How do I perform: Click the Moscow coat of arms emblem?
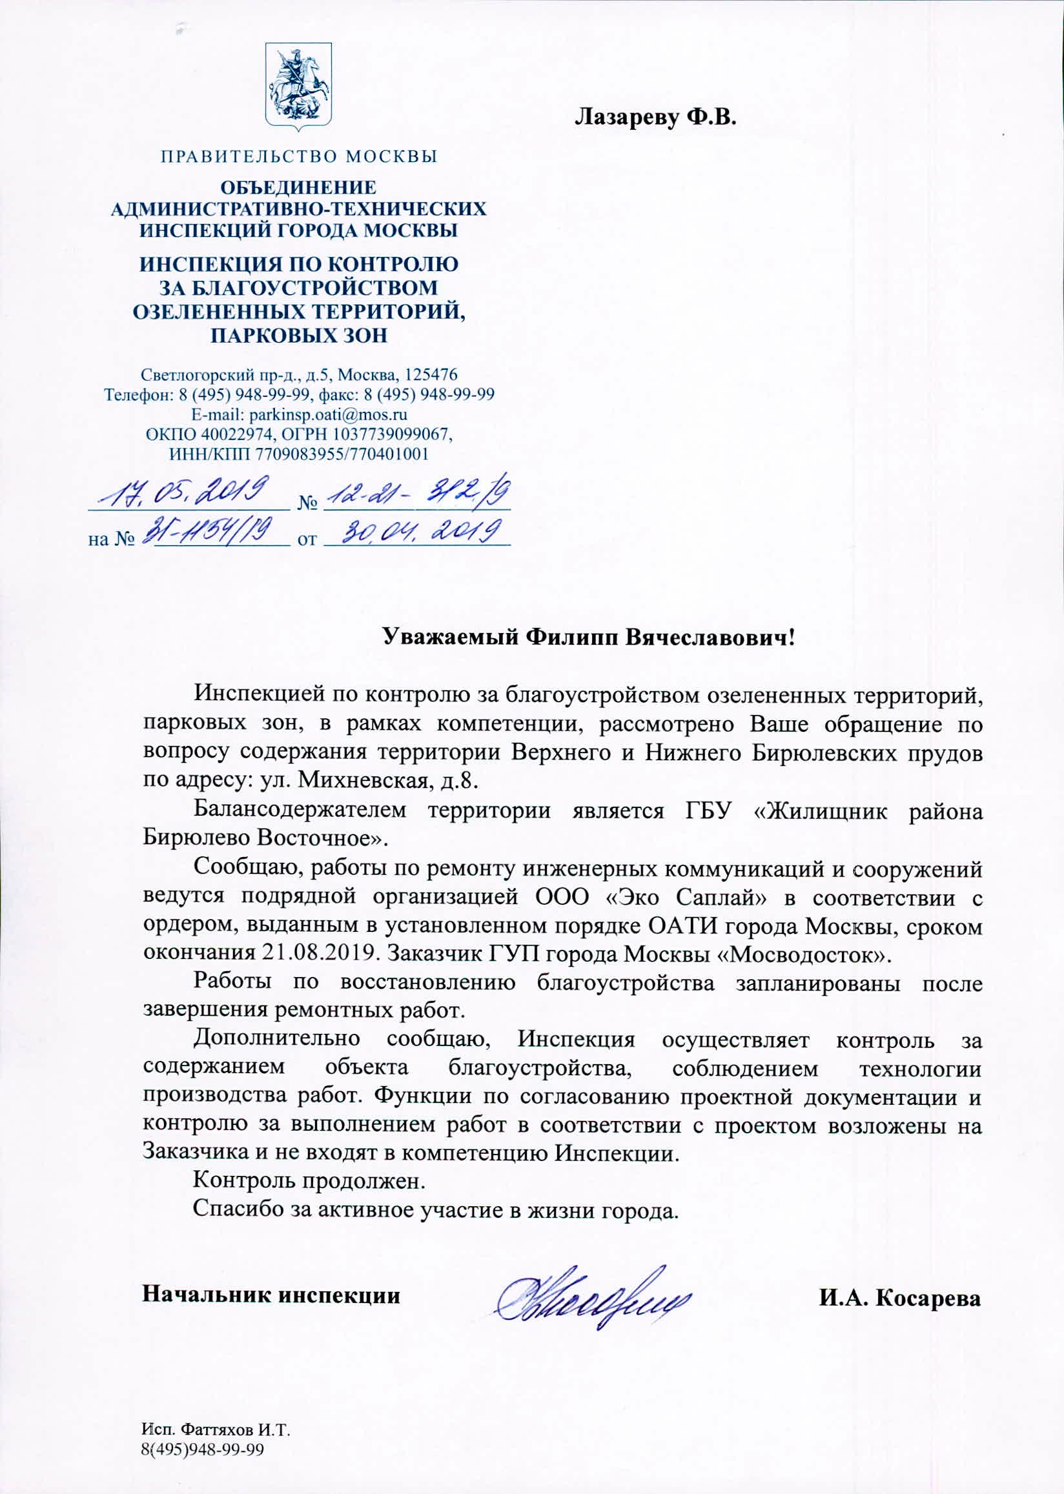tap(298, 84)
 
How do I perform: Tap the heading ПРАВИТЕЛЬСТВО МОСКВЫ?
tap(299, 157)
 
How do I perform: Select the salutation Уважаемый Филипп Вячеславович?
tap(588, 636)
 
